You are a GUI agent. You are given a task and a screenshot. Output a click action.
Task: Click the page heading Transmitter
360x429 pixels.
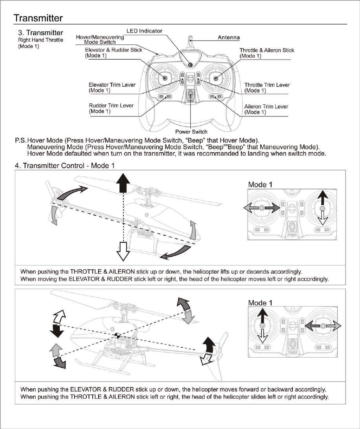click(38, 18)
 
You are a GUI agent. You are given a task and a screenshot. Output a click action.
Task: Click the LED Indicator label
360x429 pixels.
click(144, 31)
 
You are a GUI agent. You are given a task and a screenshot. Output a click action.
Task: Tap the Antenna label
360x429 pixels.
click(229, 38)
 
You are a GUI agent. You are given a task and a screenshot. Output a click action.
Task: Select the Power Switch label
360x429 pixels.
click(191, 132)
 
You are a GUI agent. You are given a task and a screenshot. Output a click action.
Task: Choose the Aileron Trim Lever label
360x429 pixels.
click(266, 109)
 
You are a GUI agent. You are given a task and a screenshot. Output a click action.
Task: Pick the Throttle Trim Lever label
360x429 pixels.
click(267, 87)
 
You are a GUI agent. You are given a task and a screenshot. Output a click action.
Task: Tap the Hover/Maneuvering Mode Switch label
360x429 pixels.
click(100, 40)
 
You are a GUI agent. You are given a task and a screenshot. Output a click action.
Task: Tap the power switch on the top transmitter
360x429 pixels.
click(191, 94)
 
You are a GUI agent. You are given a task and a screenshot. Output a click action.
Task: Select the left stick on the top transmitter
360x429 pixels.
click(165, 78)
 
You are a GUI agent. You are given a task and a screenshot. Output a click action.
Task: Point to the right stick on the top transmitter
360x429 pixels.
click(216, 78)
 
